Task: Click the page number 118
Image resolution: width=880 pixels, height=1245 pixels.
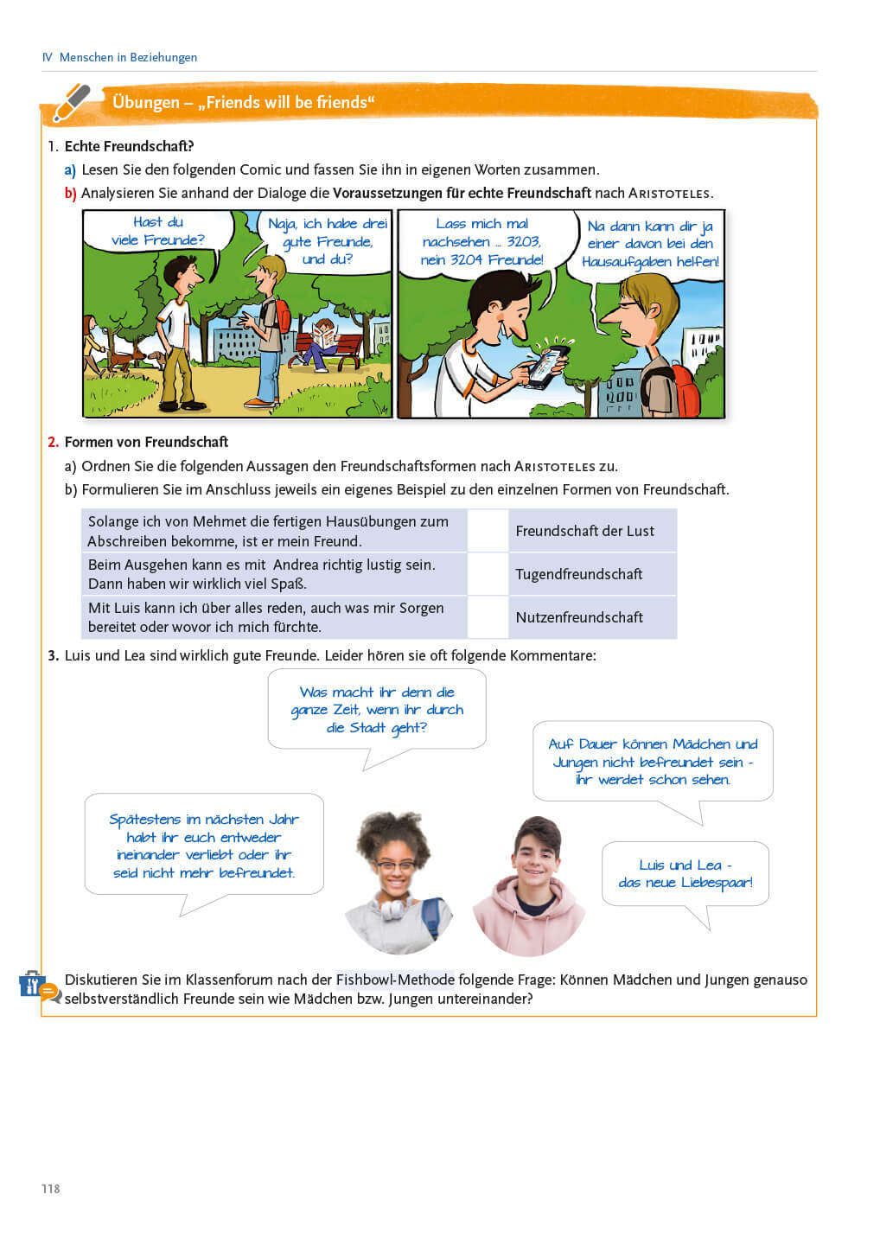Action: pos(51,1189)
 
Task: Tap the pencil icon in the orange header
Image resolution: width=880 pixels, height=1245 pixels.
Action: pos(72,103)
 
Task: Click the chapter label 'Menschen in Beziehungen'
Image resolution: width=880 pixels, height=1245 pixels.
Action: pos(128,57)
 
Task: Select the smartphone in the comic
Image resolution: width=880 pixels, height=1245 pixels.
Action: pos(546,365)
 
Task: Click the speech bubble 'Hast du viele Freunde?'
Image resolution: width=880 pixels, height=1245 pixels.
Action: pos(158,232)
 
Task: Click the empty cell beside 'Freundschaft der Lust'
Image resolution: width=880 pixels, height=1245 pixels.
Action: pos(488,531)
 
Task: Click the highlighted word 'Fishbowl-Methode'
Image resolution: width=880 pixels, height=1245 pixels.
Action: pos(395,980)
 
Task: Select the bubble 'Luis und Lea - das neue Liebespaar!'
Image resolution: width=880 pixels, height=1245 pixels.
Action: pos(685,874)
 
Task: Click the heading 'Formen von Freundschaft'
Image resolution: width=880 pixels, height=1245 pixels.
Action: pos(146,442)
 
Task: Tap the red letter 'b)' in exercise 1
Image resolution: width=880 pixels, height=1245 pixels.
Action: pos(70,193)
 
